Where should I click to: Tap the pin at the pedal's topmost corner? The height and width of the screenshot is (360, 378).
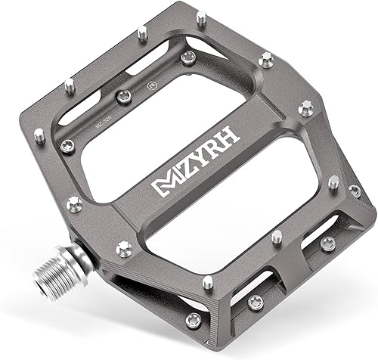(x=201, y=17)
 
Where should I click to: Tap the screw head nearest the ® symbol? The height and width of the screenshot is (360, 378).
(x=189, y=57)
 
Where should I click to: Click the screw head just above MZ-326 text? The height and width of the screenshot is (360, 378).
(x=124, y=96)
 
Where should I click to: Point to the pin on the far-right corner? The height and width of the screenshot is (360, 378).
(x=355, y=191)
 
